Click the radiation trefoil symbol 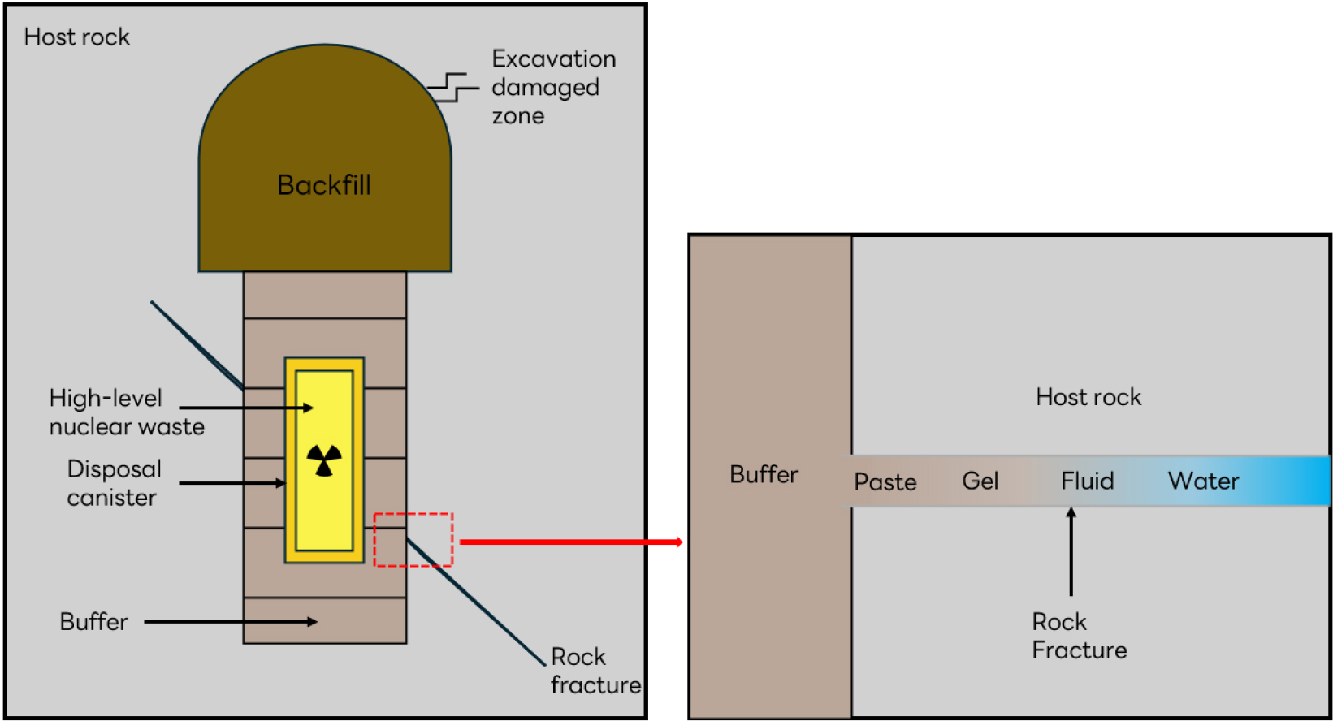click(324, 460)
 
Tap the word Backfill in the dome click(324, 185)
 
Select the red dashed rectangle click(413, 539)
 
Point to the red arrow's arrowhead click(677, 542)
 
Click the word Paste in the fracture click(885, 482)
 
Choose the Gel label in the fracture click(980, 481)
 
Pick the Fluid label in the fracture click(1087, 481)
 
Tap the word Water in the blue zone click(1203, 481)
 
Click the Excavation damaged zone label click(552, 87)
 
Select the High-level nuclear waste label click(126, 412)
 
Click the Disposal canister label click(114, 483)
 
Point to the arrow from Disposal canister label click(232, 483)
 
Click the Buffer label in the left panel click(93, 622)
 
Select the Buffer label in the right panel click(764, 474)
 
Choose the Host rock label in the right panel click(1088, 397)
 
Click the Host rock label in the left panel click(76, 37)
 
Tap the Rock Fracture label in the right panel click(1079, 636)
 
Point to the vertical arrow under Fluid click(1071, 551)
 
